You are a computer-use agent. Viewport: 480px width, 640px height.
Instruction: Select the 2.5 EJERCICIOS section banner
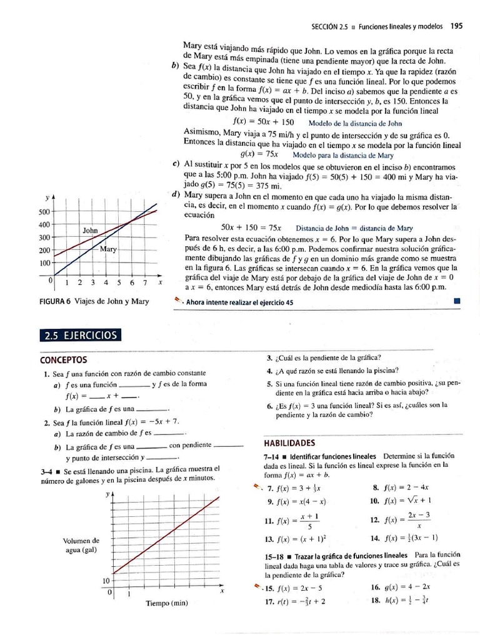click(81, 335)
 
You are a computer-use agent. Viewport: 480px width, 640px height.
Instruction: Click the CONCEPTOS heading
click(63, 361)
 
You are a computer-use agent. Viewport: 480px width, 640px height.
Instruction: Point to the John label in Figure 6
click(91, 231)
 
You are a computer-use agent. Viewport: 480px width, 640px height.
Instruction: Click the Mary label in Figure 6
click(108, 249)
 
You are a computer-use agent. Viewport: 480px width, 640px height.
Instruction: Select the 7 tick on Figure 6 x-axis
click(144, 282)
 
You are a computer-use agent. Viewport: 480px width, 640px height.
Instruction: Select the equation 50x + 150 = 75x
click(251, 227)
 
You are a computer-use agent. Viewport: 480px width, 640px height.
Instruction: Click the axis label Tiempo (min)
click(166, 603)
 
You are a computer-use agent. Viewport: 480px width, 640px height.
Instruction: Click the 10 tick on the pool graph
click(106, 581)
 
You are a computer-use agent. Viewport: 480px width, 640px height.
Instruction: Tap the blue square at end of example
click(457, 301)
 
